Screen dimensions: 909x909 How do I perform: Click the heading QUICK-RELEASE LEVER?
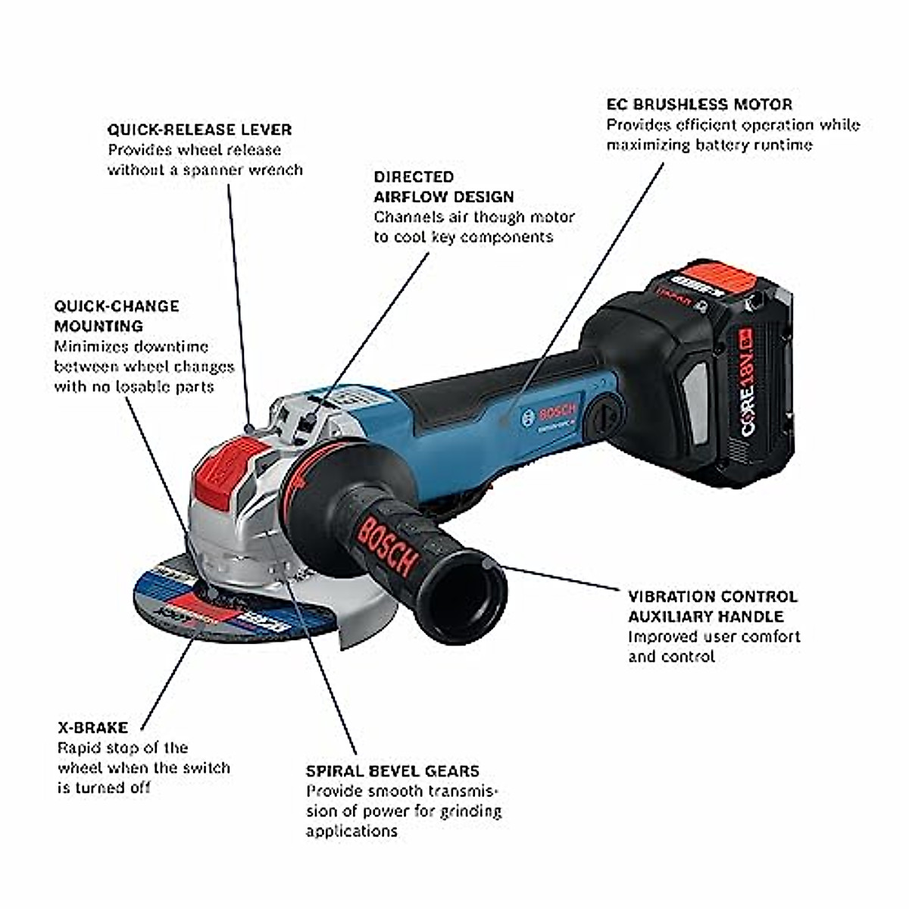pos(199,130)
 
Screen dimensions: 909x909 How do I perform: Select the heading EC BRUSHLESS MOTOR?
pos(699,105)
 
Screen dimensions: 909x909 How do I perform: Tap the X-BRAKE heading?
pos(92,728)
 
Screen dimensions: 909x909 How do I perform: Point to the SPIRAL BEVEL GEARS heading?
pos(392,771)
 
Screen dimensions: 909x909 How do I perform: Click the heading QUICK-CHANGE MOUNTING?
pos(117,316)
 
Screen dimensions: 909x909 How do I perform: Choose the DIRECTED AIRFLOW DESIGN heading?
pos(443,186)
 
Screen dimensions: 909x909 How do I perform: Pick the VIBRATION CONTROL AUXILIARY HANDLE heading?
pos(712,606)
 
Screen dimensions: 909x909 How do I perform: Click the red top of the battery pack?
pos(712,282)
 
